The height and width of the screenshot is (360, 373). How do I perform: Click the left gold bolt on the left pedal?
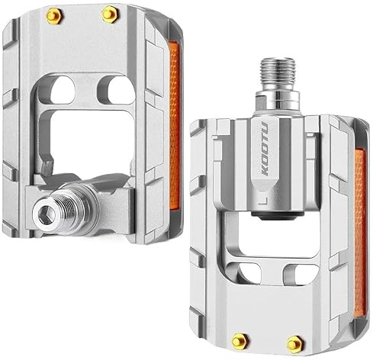coord(54,16)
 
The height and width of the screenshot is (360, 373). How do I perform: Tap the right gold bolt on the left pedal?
coord(110,14)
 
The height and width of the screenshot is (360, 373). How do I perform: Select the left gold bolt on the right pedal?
coord(240,341)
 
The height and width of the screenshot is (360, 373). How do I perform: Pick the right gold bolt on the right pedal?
coord(295,344)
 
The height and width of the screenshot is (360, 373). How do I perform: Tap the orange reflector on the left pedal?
coord(174,126)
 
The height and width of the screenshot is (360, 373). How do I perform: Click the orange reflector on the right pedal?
coord(360,233)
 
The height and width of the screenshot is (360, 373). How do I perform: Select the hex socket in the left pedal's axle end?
coord(46,215)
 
